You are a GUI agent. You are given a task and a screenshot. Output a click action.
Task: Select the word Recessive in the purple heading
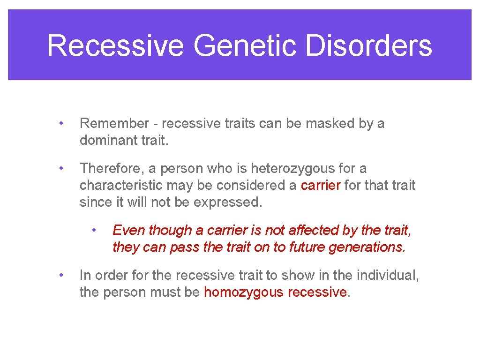click(x=115, y=46)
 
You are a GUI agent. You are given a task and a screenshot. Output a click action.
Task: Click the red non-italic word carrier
click(x=321, y=185)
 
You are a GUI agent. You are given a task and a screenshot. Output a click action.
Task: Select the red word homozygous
click(x=244, y=292)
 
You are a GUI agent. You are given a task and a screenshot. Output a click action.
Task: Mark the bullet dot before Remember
click(x=60, y=124)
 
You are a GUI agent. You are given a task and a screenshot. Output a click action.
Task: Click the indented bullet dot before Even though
click(x=94, y=230)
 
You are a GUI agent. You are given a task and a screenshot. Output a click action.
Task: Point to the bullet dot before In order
click(x=60, y=275)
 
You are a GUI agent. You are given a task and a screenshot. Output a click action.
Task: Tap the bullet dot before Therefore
click(x=60, y=168)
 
